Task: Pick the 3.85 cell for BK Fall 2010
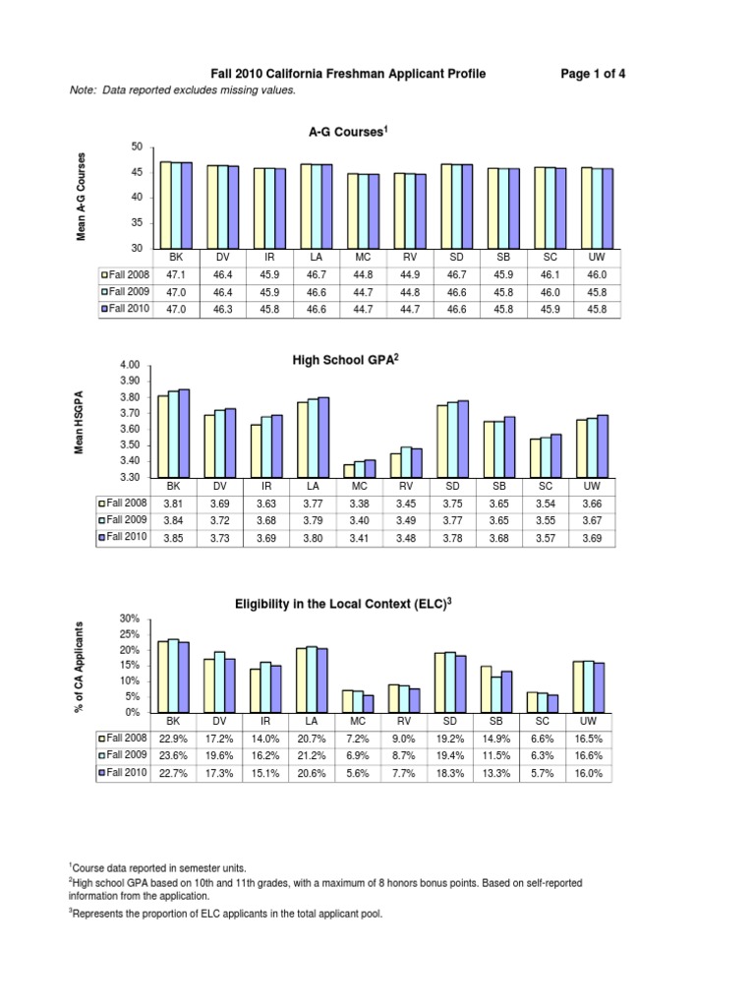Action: point(173,537)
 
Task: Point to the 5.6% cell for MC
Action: point(358,773)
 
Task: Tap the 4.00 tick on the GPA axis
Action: point(130,366)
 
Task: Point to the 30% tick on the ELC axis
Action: point(131,618)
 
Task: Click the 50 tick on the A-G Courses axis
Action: point(137,147)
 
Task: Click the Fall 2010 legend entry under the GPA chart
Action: point(124,537)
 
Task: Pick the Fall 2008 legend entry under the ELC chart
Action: point(124,738)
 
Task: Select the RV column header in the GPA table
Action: point(404,486)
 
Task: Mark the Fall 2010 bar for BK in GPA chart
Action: point(184,434)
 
